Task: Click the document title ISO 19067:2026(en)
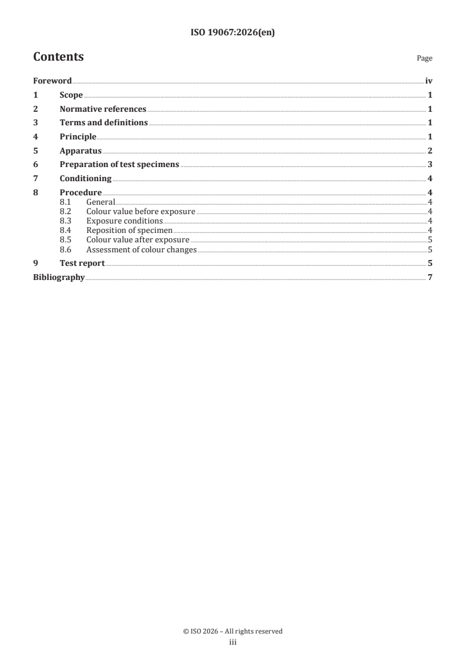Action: point(233,33)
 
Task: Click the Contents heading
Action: point(58,57)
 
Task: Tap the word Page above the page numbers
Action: point(424,58)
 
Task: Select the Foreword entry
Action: point(52,81)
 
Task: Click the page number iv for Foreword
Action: point(429,81)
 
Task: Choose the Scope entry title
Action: point(71,95)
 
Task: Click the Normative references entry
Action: point(103,109)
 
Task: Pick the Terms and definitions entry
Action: point(103,123)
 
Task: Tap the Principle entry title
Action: point(78,137)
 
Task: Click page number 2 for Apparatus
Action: point(430,151)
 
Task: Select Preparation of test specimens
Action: point(119,165)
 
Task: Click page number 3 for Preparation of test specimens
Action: point(430,165)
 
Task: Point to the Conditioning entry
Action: point(85,179)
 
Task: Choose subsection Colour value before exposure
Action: point(140,211)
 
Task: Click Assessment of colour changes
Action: point(141,249)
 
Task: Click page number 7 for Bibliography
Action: point(430,277)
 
